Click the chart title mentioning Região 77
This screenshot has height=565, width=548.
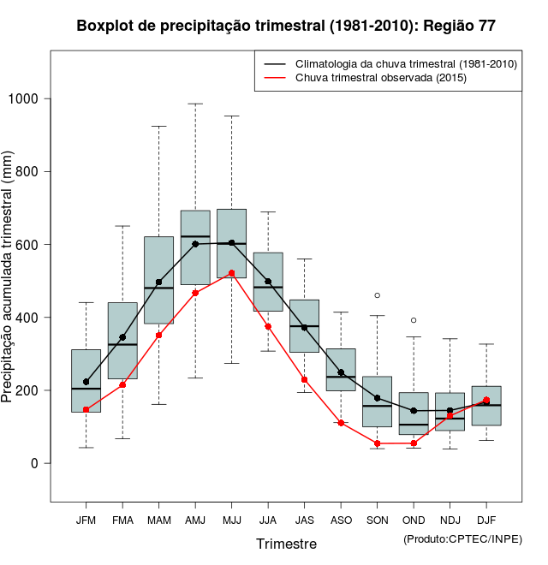pyautogui.click(x=285, y=26)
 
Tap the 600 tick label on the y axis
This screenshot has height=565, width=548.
pyautogui.click(x=29, y=245)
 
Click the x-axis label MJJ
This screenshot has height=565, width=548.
pyautogui.click(x=231, y=520)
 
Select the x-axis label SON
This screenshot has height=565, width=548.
pyautogui.click(x=377, y=520)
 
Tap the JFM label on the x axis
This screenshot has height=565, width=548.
pyautogui.click(x=86, y=520)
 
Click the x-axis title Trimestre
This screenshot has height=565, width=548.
pyautogui.click(x=286, y=544)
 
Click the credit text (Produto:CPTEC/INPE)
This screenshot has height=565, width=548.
pyautogui.click(x=462, y=538)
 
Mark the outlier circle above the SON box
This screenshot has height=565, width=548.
pyautogui.click(x=377, y=295)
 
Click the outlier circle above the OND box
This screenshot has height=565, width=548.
pyautogui.click(x=414, y=320)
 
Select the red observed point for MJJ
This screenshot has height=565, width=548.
pyautogui.click(x=231, y=273)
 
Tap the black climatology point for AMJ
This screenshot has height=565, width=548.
pyautogui.click(x=195, y=244)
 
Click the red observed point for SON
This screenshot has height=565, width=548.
pyautogui.click(x=377, y=443)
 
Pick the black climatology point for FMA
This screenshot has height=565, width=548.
pyautogui.click(x=122, y=337)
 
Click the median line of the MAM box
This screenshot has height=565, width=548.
pyautogui.click(x=158, y=288)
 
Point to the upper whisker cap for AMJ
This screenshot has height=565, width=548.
pyautogui.click(x=195, y=104)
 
